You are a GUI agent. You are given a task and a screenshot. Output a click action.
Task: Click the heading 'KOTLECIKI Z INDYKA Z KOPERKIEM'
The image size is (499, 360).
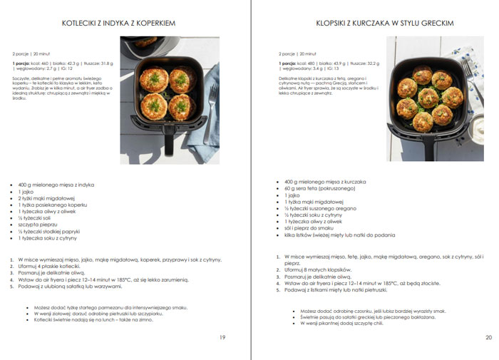118,24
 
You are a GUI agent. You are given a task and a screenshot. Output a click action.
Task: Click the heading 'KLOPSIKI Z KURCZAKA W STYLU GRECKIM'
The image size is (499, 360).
384,24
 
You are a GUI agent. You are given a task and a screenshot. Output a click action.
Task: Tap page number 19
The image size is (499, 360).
222,337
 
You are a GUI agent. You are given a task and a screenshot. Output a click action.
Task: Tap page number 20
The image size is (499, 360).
488,337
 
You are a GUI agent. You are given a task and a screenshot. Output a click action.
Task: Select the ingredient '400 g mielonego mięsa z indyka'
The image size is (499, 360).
56,185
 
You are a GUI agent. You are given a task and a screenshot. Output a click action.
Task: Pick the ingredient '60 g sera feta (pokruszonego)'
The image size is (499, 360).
318,188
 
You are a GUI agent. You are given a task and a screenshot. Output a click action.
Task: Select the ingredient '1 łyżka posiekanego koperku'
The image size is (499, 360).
54,205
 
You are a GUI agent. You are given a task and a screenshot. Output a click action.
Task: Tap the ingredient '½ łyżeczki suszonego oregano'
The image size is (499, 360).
321,208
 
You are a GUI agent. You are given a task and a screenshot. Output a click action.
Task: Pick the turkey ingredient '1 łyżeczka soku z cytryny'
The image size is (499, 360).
52,238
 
